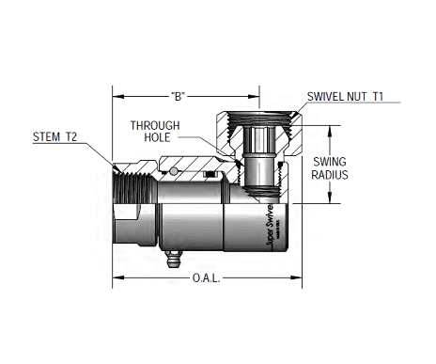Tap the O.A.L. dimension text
point(207,278)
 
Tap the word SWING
point(332,162)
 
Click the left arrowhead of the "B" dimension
point(118,96)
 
